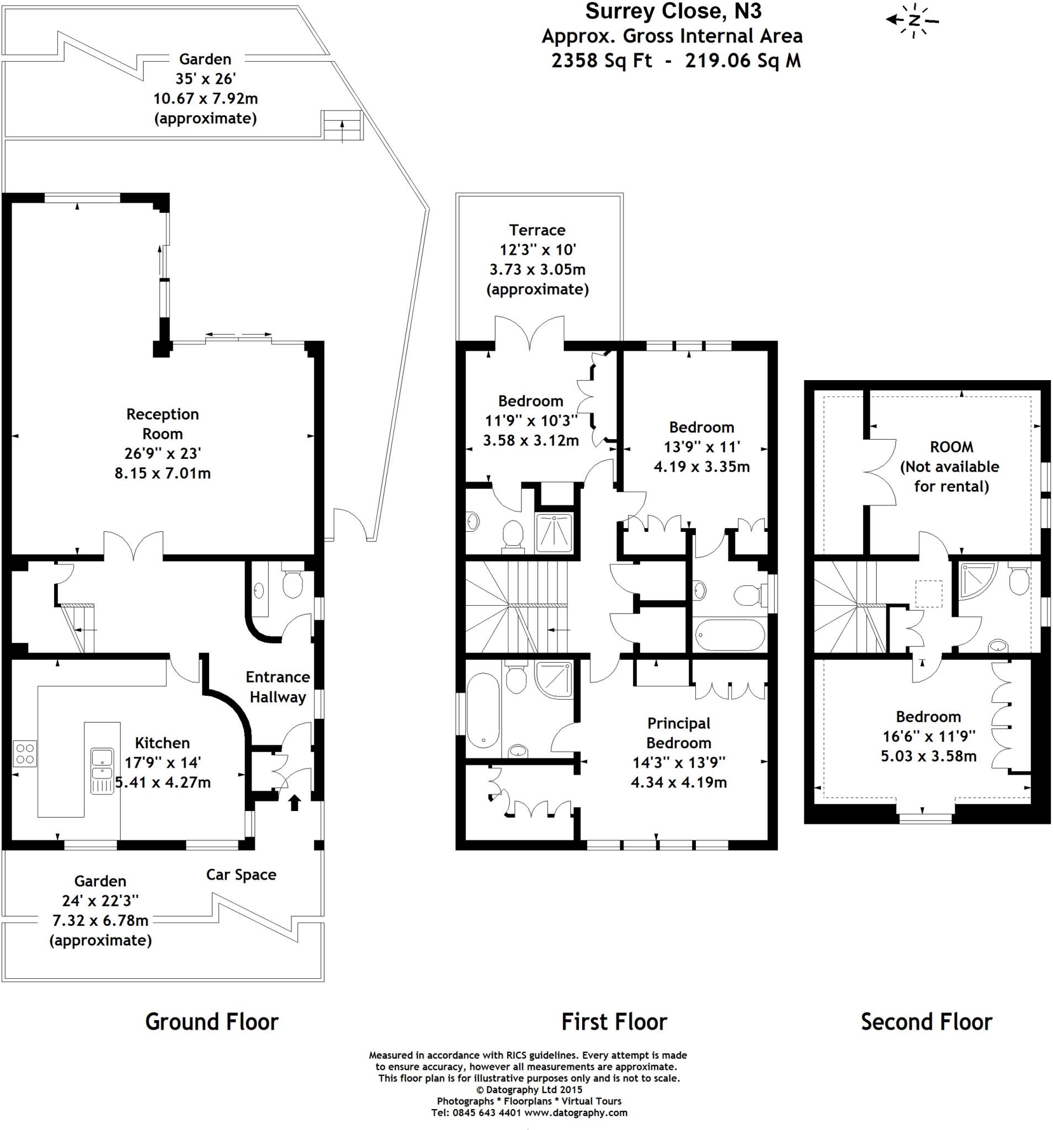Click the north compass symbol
(913, 21)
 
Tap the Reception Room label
(163, 423)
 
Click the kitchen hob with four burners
(24, 754)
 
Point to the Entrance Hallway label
(278, 686)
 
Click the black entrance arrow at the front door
(295, 803)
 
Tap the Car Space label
(241, 874)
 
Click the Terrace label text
(538, 230)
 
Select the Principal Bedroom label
(678, 733)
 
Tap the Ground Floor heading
(212, 1021)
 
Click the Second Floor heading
(926, 1021)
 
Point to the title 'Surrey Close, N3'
(673, 12)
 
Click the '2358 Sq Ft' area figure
(602, 60)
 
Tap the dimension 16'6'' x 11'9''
(928, 736)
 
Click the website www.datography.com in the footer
(576, 1112)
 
